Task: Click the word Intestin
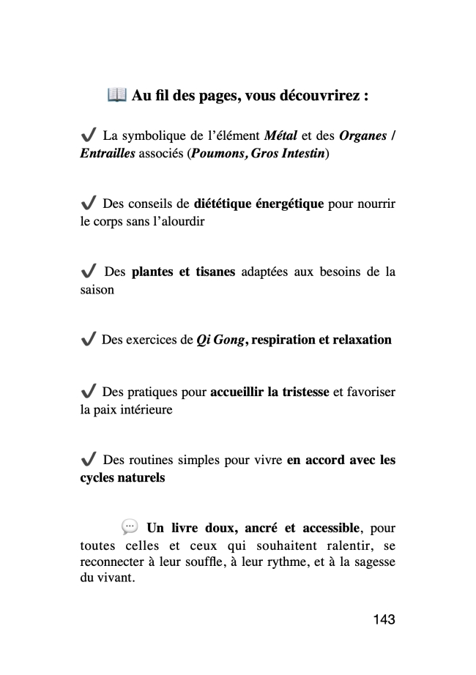(300, 156)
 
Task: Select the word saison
(97, 289)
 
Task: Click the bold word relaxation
(357, 340)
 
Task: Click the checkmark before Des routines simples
(88, 460)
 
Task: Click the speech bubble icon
(129, 526)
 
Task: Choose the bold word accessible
(324, 528)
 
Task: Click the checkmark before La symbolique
(88, 135)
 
